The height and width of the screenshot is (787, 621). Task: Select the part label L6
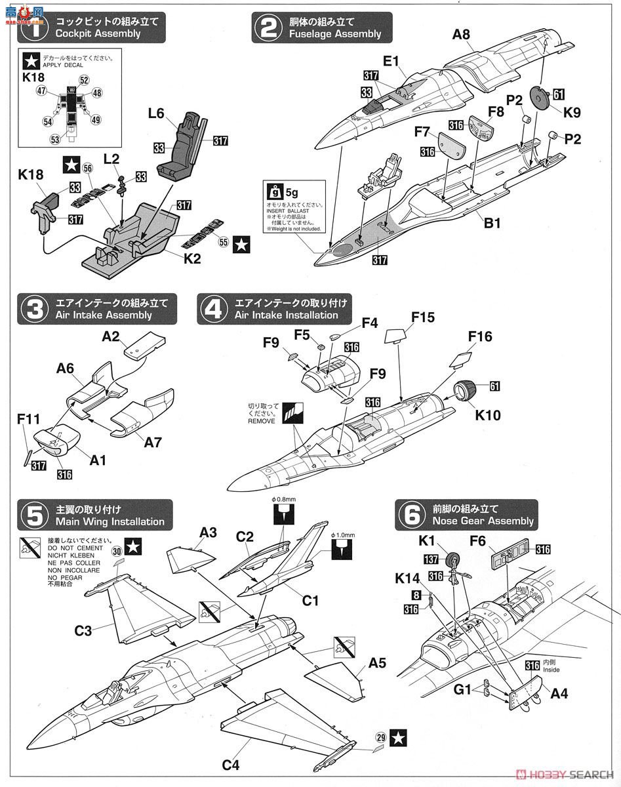(x=155, y=113)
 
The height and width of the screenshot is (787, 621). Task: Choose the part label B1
(x=492, y=223)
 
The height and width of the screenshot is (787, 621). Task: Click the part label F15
(x=423, y=317)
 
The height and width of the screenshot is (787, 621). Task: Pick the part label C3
(x=83, y=631)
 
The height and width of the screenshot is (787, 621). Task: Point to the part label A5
(x=376, y=662)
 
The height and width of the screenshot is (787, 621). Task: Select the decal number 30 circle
(x=117, y=552)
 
